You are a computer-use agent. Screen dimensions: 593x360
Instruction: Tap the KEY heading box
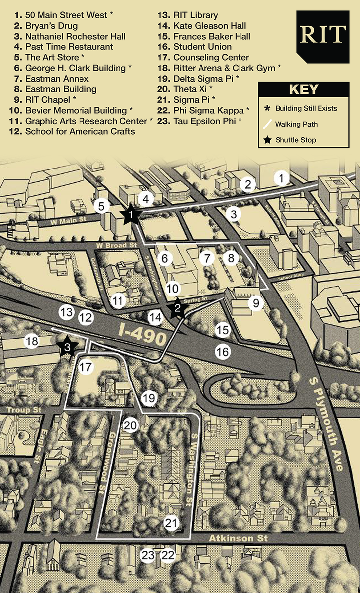[x=303, y=90]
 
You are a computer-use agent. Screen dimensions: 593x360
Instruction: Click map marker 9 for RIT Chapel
[x=256, y=303]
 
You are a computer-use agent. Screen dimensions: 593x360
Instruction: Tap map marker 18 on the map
[x=32, y=341]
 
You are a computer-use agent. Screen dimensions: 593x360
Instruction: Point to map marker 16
[x=223, y=351]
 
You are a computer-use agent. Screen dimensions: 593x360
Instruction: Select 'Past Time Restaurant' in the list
[x=69, y=47]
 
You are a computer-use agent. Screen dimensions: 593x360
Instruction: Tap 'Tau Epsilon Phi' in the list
[x=207, y=121]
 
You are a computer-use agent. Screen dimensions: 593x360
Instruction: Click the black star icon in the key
[x=267, y=140]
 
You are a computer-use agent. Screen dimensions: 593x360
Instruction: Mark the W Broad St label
[x=117, y=245]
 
